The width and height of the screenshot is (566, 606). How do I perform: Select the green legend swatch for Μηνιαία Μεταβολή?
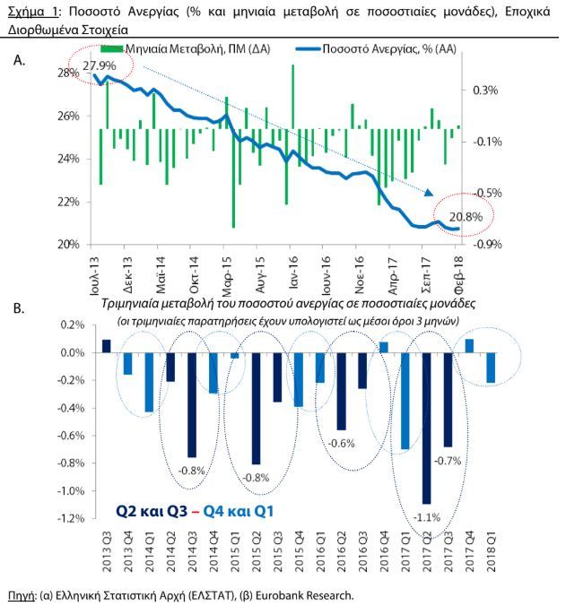click(112, 49)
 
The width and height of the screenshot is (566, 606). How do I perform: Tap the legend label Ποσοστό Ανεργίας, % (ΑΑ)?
click(389, 49)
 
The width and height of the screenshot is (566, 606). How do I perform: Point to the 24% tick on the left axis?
click(68, 159)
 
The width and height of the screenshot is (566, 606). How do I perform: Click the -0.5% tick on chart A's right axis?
click(487, 193)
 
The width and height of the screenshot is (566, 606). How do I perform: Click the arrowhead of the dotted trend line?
click(429, 193)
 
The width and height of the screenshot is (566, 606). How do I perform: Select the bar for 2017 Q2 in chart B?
click(426, 429)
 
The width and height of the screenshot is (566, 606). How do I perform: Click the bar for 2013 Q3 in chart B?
click(107, 346)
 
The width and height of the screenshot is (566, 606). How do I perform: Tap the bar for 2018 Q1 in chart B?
click(491, 368)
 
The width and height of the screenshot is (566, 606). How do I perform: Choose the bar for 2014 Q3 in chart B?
click(192, 405)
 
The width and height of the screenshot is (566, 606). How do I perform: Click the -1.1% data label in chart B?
click(427, 517)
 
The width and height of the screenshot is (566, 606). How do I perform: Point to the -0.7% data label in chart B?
click(448, 461)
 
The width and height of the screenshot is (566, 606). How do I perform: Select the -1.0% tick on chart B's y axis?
click(71, 491)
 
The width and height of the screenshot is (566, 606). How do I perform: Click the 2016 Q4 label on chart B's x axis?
click(384, 552)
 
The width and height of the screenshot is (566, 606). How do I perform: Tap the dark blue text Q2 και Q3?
click(152, 511)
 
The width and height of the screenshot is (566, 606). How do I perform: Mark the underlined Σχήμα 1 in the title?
click(33, 12)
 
